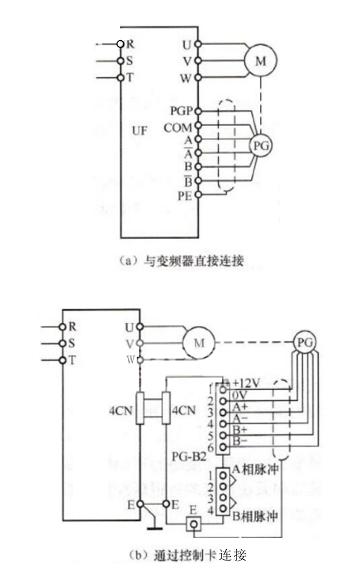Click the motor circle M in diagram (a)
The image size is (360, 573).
tap(260, 61)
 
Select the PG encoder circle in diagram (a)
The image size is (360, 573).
tap(260, 146)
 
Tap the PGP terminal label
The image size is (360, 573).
tap(180, 111)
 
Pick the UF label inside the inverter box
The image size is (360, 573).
tap(139, 130)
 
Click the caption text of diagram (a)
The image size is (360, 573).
tap(181, 260)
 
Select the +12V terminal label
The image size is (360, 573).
tap(246, 382)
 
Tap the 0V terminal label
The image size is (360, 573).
tap(240, 395)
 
